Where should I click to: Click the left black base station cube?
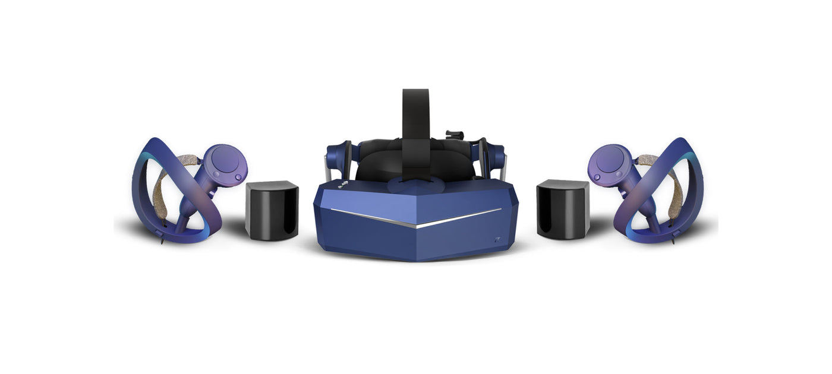point(272,210)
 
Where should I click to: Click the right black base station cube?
point(562,209)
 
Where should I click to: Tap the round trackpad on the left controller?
point(228,159)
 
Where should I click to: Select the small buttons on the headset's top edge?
point(344,185)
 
